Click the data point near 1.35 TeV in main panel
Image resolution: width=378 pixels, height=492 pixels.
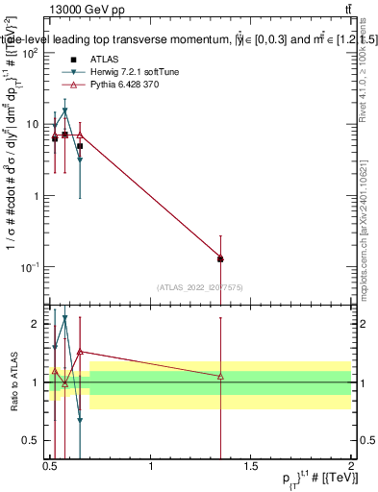click(221, 258)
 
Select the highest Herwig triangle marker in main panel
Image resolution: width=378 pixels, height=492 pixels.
click(65, 111)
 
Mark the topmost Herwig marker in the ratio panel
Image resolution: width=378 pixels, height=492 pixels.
click(65, 318)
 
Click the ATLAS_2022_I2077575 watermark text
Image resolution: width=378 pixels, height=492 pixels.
click(200, 286)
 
